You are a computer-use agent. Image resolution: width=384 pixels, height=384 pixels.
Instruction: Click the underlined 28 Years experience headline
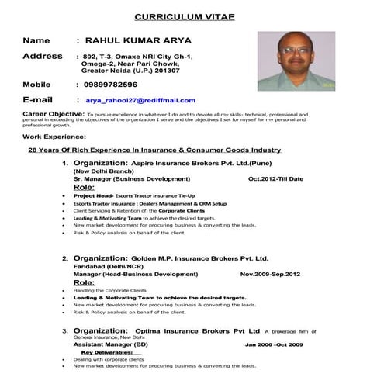pos(154,150)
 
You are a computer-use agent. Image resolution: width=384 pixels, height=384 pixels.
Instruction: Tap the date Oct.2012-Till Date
pos(275,179)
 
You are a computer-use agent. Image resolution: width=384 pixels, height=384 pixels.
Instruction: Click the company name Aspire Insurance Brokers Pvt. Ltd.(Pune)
pos(192,164)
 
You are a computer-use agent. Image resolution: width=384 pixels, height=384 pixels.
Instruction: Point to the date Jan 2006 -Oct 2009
pos(274,344)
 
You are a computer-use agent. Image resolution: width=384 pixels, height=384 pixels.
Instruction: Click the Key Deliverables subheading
pos(112,352)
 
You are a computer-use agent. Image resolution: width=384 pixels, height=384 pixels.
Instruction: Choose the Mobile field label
pos(36,85)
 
